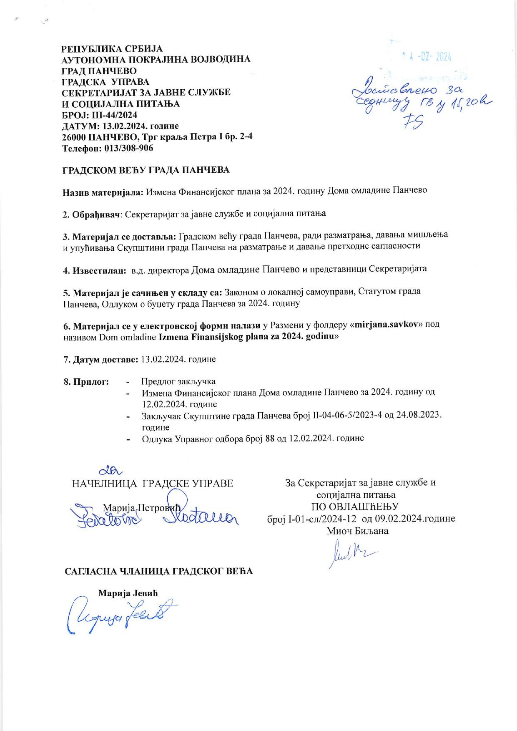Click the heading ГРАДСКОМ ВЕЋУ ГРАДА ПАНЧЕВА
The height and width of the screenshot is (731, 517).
tap(146, 170)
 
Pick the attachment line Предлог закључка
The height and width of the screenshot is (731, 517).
tap(178, 381)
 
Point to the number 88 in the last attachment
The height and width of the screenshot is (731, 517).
tap(270, 438)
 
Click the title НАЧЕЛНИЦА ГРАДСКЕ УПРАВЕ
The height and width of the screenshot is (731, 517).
tap(153, 484)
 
